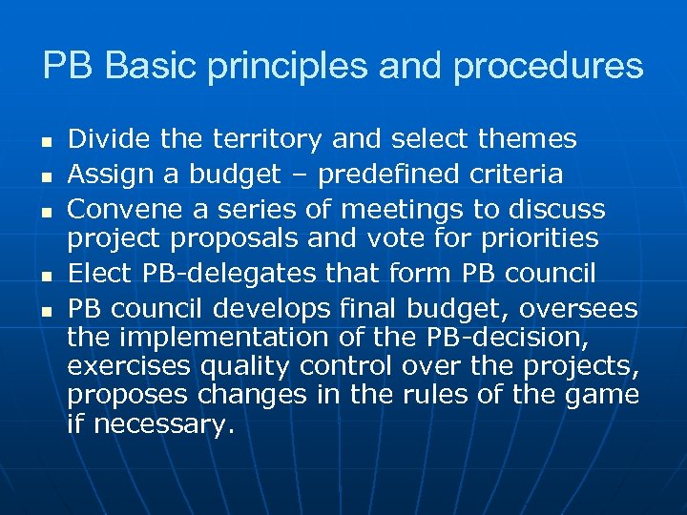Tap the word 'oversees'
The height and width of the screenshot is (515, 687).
pos(589,308)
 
